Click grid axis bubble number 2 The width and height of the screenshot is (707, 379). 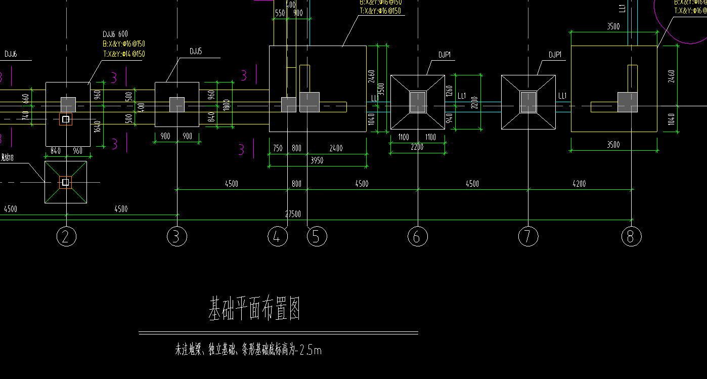[65, 237]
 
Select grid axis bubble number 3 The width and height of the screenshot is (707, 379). [176, 237]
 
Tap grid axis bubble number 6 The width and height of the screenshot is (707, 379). [417, 237]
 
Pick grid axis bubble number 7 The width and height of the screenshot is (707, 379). [528, 237]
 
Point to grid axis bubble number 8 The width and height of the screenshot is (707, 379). [631, 237]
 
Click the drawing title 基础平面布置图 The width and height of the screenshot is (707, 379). [255, 309]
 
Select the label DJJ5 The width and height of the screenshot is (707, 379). [196, 52]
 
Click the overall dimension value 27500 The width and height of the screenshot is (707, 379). [293, 214]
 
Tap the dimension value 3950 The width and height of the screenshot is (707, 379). [317, 160]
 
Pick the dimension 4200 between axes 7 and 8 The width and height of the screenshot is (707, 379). [579, 184]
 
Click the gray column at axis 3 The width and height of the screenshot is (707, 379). [176, 105]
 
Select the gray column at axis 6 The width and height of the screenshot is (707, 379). [418, 102]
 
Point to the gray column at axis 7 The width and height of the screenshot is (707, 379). [528, 102]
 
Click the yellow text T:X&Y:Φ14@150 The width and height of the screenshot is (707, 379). [124, 54]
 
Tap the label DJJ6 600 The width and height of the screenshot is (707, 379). [115, 34]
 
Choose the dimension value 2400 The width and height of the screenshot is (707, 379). [336, 148]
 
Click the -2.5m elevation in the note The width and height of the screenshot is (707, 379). [310, 350]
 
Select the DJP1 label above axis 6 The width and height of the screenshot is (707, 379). [445, 55]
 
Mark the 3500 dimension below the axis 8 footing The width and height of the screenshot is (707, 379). [613, 145]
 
